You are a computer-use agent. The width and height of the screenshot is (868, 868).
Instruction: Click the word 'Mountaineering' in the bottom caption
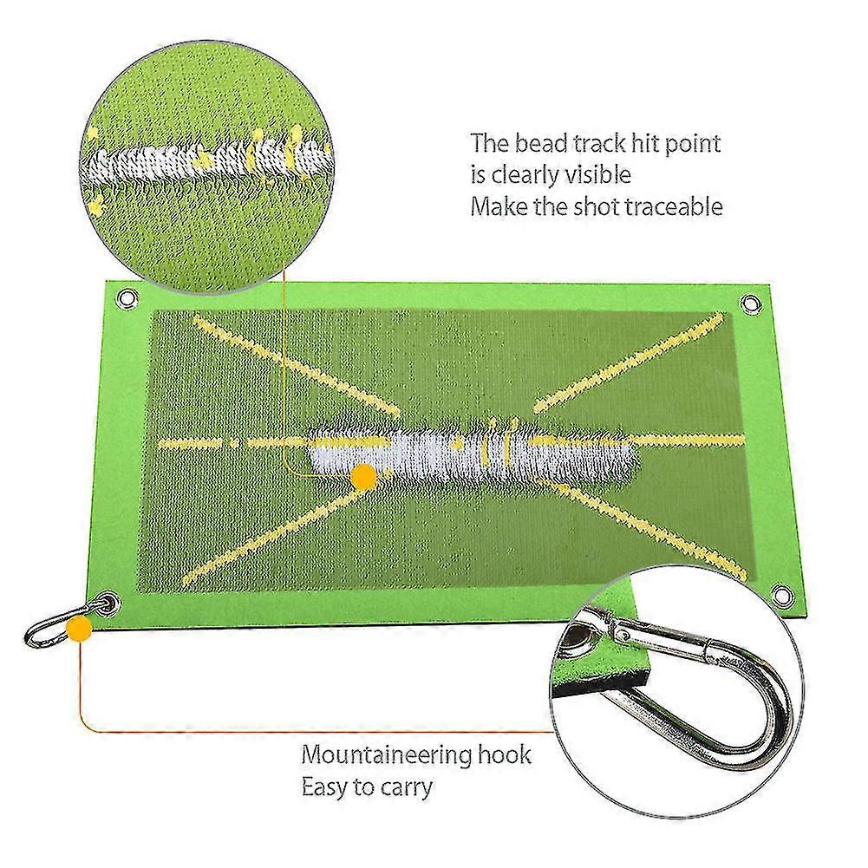click(x=385, y=756)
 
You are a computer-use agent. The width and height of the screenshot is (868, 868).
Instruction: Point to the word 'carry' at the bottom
click(x=406, y=788)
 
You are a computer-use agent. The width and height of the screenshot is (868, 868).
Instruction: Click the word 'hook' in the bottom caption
click(x=505, y=754)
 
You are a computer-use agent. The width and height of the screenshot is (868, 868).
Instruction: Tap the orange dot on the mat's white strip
click(x=363, y=477)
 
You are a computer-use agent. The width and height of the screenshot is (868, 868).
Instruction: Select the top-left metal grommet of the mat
click(x=128, y=299)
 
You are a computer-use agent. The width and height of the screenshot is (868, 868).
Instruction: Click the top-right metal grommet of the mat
click(x=749, y=303)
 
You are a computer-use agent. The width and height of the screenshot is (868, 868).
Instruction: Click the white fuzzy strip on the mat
click(x=471, y=454)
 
